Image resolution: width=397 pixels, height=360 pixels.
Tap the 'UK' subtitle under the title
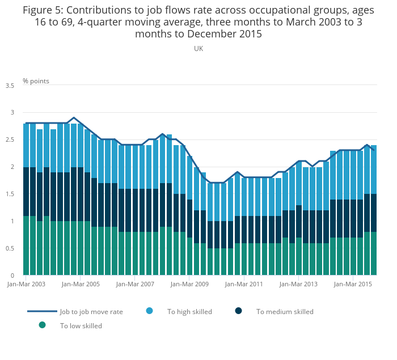click(x=198, y=49)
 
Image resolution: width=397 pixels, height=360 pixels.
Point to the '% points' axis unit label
click(x=36, y=81)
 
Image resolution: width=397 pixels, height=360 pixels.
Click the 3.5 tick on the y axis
click(x=10, y=86)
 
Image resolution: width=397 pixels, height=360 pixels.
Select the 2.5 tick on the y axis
click(x=10, y=140)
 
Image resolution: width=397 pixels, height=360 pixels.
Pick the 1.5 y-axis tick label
click(x=10, y=194)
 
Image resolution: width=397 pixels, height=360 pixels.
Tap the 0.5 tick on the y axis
click(x=10, y=249)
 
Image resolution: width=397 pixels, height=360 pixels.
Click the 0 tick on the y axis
click(x=12, y=276)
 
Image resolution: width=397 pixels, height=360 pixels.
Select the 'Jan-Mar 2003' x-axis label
click(x=26, y=284)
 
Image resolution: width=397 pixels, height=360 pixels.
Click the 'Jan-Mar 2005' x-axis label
click(x=81, y=284)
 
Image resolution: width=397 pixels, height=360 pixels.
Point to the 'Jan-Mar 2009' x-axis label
click(x=189, y=284)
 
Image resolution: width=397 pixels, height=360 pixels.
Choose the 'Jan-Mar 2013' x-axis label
click(x=298, y=284)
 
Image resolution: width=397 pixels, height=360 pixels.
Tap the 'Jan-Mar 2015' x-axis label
click(x=353, y=284)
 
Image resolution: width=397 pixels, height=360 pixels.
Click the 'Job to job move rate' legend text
click(x=91, y=312)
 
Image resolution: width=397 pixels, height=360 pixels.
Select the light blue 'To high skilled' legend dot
click(x=150, y=311)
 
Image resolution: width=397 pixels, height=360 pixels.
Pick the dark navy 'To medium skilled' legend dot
click(x=239, y=311)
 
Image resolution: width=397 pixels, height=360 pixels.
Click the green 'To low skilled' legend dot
click(x=42, y=325)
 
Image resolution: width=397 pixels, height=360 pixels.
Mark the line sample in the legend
click(x=42, y=311)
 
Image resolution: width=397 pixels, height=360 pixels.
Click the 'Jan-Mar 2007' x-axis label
click(x=135, y=284)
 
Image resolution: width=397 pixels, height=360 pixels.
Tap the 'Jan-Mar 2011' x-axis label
click(x=244, y=284)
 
